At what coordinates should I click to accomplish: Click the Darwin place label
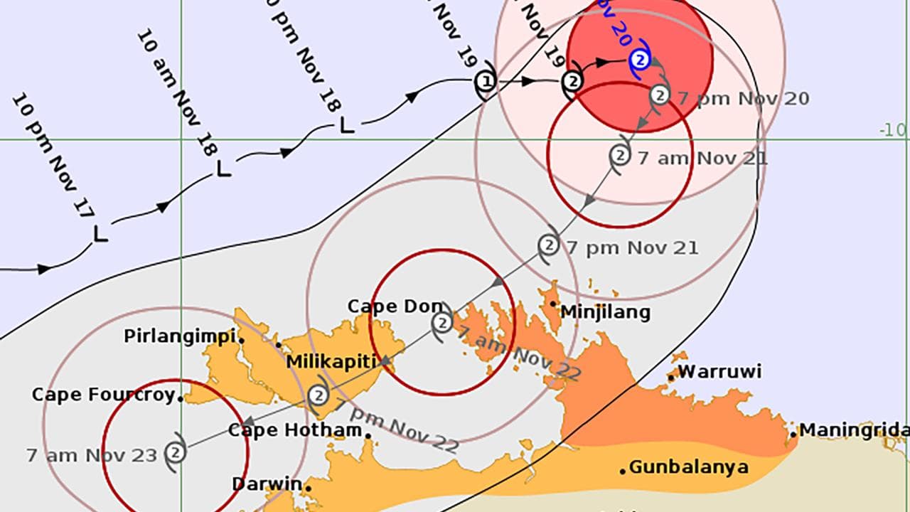267,484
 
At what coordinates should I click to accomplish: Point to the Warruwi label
719,371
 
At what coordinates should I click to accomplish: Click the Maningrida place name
854,430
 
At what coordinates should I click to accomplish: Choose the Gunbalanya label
688,467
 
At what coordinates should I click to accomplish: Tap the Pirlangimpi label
180,336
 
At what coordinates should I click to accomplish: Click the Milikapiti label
331,362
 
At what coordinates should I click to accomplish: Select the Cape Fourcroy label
104,395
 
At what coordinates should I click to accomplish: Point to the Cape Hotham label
294,430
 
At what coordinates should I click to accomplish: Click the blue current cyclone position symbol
640,60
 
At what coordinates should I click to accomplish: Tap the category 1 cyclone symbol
486,82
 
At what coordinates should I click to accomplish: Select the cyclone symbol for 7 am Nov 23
175,452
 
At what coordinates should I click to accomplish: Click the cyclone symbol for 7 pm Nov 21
548,245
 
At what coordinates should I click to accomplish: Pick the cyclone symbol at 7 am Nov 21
620,154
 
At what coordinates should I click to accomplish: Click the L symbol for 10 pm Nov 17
100,233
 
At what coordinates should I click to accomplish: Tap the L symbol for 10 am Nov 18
223,169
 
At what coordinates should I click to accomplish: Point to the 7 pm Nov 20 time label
743,99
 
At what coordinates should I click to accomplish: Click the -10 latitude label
893,130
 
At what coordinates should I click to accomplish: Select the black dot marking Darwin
309,487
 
